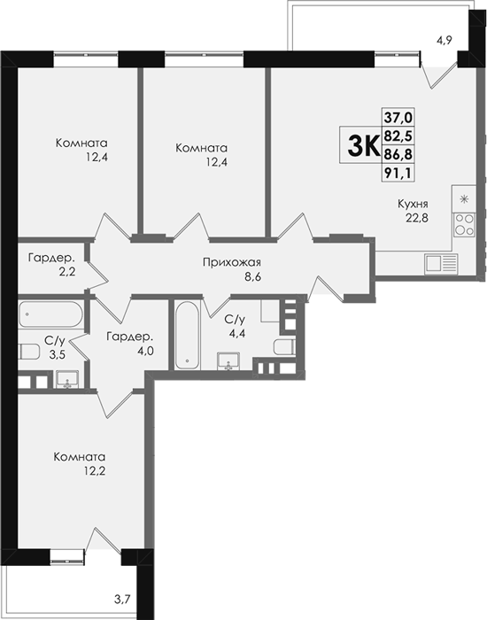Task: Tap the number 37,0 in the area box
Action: click(x=398, y=117)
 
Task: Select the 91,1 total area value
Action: click(x=398, y=174)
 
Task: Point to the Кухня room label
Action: click(x=413, y=204)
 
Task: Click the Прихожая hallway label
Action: click(x=232, y=262)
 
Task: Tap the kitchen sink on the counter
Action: click(x=441, y=264)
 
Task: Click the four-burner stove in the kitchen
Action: click(x=464, y=225)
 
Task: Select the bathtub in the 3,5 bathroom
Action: click(x=50, y=314)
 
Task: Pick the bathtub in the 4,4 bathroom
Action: click(x=188, y=336)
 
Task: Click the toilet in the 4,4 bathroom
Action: click(x=284, y=346)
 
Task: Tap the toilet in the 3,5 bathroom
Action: click(x=29, y=352)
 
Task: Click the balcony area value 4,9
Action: click(x=444, y=40)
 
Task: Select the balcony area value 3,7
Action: click(x=122, y=610)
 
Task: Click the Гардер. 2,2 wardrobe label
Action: click(x=51, y=265)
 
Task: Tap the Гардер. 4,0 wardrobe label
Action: click(x=129, y=344)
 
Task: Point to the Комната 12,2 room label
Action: click(x=80, y=464)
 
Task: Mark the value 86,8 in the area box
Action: click(x=398, y=154)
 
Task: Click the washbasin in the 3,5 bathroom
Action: click(x=67, y=379)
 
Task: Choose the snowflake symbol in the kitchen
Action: click(x=464, y=198)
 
